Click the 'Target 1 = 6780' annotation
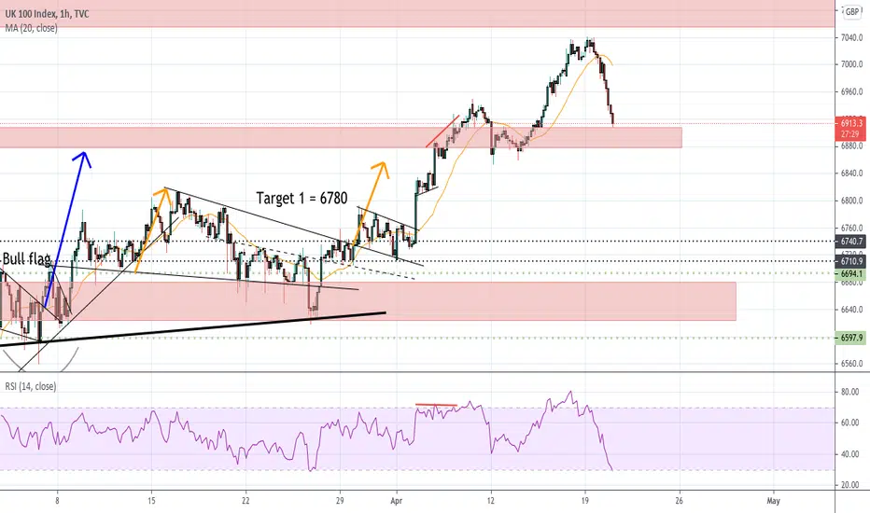pyautogui.click(x=304, y=198)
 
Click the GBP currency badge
pyautogui.click(x=851, y=12)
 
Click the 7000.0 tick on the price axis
pyautogui.click(x=851, y=64)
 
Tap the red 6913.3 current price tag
pyautogui.click(x=851, y=122)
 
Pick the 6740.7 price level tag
pyautogui.click(x=851, y=241)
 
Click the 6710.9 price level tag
pyautogui.click(x=851, y=261)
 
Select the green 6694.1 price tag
pyautogui.click(x=851, y=273)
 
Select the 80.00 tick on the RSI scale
pyautogui.click(x=849, y=393)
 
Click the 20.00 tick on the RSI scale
pyautogui.click(x=849, y=485)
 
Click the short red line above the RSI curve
pyautogui.click(x=436, y=405)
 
